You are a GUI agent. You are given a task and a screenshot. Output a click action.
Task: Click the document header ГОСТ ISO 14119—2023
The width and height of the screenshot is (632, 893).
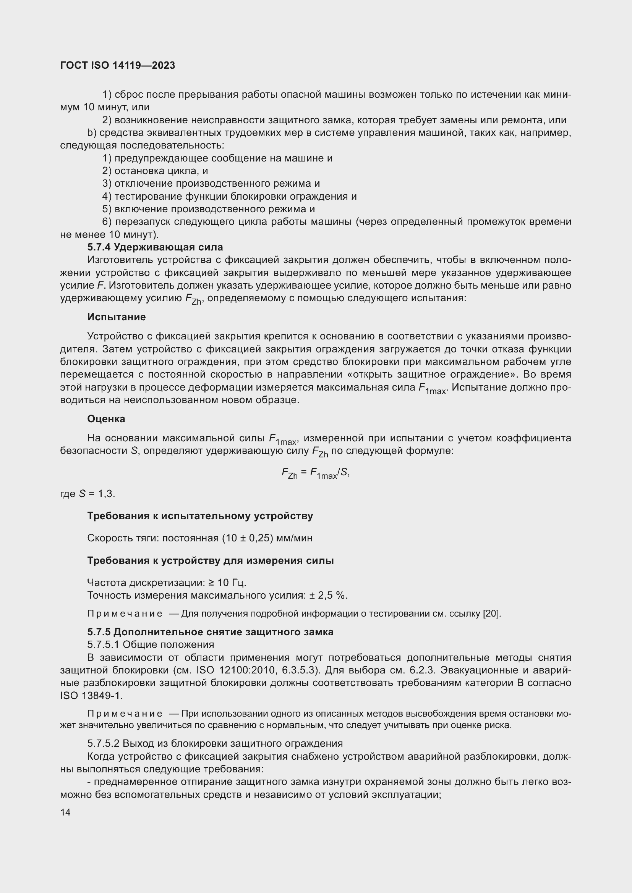click(118, 65)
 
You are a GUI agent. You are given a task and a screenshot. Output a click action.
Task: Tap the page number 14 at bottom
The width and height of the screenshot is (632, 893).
click(65, 812)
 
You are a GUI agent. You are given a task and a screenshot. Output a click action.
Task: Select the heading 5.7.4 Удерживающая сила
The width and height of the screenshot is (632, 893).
click(155, 247)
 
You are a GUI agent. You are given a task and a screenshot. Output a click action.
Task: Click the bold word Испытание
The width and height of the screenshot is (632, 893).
click(117, 317)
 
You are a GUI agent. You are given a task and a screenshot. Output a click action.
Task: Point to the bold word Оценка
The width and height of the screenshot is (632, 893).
click(106, 419)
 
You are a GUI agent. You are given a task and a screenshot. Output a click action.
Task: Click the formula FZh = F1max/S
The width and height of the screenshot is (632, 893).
click(315, 473)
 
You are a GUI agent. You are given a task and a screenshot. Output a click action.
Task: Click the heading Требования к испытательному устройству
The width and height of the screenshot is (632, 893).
click(200, 516)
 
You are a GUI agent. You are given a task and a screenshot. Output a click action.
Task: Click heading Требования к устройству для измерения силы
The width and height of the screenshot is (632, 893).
click(210, 560)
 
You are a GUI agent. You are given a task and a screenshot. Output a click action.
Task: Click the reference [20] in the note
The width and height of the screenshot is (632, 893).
click(491, 614)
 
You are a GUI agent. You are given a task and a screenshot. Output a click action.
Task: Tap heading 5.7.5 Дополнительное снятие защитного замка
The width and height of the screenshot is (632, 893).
click(210, 632)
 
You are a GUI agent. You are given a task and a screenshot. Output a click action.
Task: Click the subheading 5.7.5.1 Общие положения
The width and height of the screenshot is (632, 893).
click(151, 645)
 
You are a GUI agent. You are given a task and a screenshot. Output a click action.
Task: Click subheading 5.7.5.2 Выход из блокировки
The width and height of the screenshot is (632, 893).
click(215, 744)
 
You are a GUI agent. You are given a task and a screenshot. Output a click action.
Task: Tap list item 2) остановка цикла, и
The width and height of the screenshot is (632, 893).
click(155, 171)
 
